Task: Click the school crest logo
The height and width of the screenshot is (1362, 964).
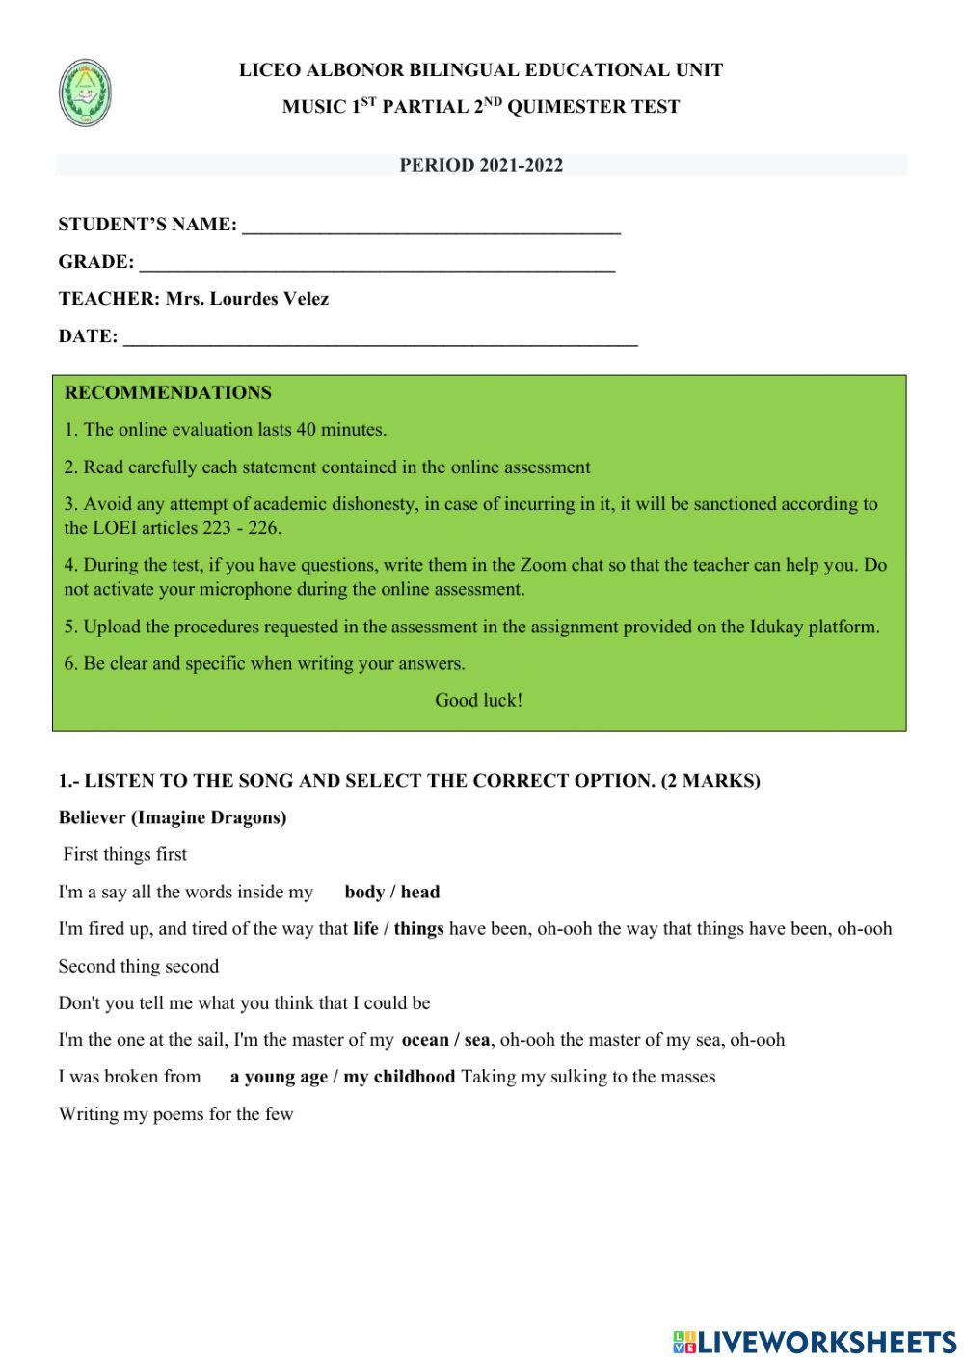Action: [x=85, y=93]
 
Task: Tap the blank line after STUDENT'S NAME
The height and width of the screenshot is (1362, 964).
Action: [x=431, y=227]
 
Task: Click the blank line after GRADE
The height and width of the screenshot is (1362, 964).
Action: [x=377, y=265]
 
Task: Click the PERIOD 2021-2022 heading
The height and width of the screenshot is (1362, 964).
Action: [x=481, y=165]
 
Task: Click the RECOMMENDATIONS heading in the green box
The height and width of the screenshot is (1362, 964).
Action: [x=168, y=392]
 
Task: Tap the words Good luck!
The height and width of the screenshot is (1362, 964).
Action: [x=478, y=700]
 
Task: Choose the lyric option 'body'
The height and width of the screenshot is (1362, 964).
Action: [x=364, y=892]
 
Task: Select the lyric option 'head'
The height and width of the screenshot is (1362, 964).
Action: [x=420, y=892]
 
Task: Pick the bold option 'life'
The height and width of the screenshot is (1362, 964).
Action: [x=365, y=929]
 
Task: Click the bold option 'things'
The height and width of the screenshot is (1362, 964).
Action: [x=418, y=929]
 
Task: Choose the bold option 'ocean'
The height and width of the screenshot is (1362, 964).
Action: [x=425, y=1040]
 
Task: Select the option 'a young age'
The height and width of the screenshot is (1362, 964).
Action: [x=279, y=1077]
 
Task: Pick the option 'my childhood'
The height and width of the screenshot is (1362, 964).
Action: [x=399, y=1077]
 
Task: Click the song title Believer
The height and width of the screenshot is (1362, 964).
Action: [x=92, y=817]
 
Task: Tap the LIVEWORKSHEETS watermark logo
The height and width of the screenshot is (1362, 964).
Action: [x=814, y=1341]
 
